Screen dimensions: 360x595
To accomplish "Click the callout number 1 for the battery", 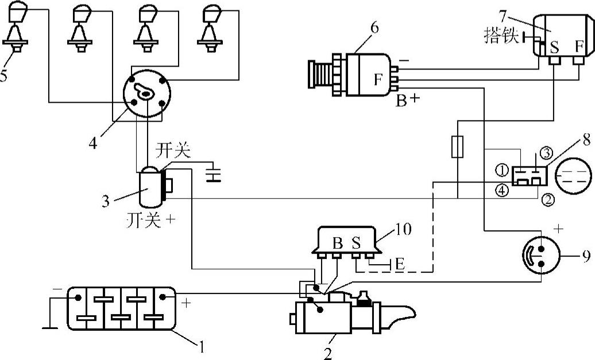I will point(201,346).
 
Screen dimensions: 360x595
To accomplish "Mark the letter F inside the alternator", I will point(378,80).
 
